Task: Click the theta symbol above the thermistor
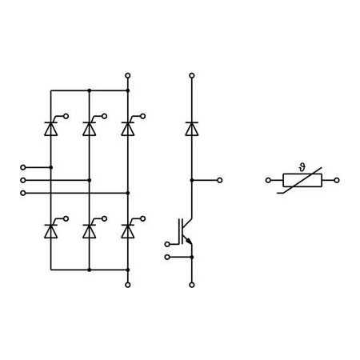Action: [302, 167]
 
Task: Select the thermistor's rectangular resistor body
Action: [302, 180]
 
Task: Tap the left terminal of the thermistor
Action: [268, 180]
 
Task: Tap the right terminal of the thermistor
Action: [337, 180]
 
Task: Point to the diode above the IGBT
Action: [192, 129]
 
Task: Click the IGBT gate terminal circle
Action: [167, 244]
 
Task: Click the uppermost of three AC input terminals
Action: [23, 167]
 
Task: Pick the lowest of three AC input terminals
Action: [23, 193]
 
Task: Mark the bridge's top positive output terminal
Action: [128, 75]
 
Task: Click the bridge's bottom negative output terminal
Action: [128, 285]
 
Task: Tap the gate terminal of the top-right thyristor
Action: [143, 116]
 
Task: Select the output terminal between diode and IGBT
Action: [220, 180]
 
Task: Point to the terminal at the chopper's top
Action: [192, 75]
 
